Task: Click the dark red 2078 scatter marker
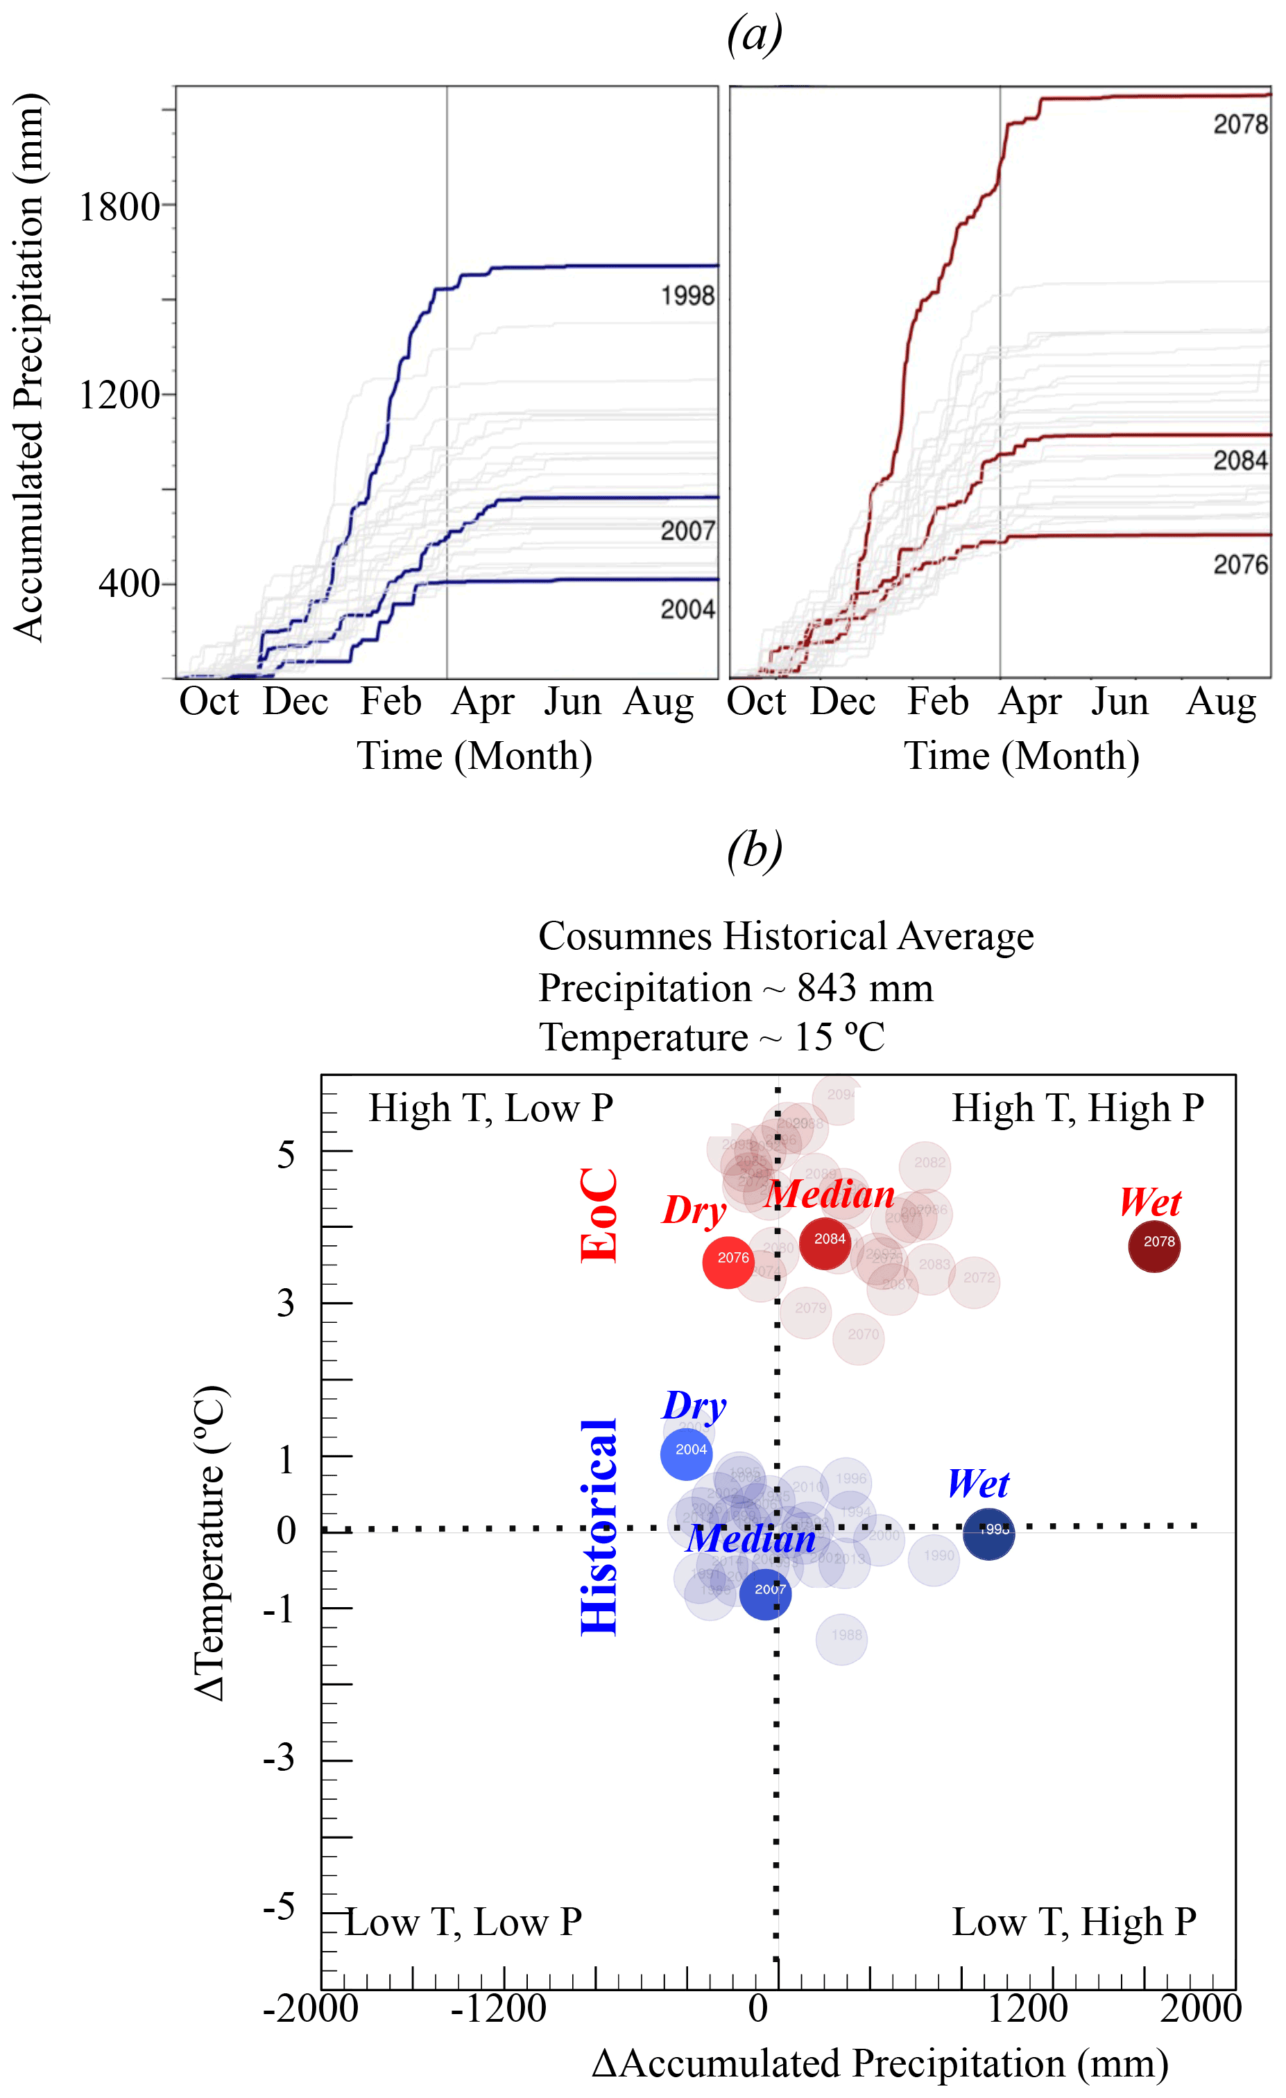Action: click(x=1154, y=1247)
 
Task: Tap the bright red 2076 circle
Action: click(x=728, y=1262)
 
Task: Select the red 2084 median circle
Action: click(x=825, y=1243)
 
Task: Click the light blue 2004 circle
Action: click(x=687, y=1453)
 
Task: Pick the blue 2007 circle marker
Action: click(x=765, y=1593)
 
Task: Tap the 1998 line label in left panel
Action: click(x=687, y=295)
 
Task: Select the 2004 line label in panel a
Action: click(x=687, y=609)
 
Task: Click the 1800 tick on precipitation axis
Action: click(x=119, y=207)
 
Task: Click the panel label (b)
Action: click(x=754, y=851)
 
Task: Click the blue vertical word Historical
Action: click(x=599, y=1527)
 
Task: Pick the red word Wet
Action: click(x=1150, y=1202)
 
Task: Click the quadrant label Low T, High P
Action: click(x=1073, y=1922)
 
